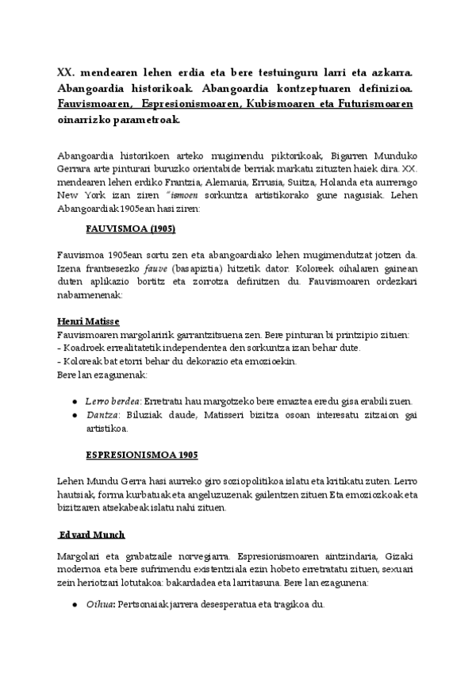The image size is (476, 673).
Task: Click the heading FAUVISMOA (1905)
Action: (130, 229)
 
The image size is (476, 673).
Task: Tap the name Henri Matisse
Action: (88, 321)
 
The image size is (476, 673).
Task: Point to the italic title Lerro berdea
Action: (107, 402)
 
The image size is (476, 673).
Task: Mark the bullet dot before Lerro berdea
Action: (74, 402)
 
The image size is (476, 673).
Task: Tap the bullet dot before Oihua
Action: (74, 605)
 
